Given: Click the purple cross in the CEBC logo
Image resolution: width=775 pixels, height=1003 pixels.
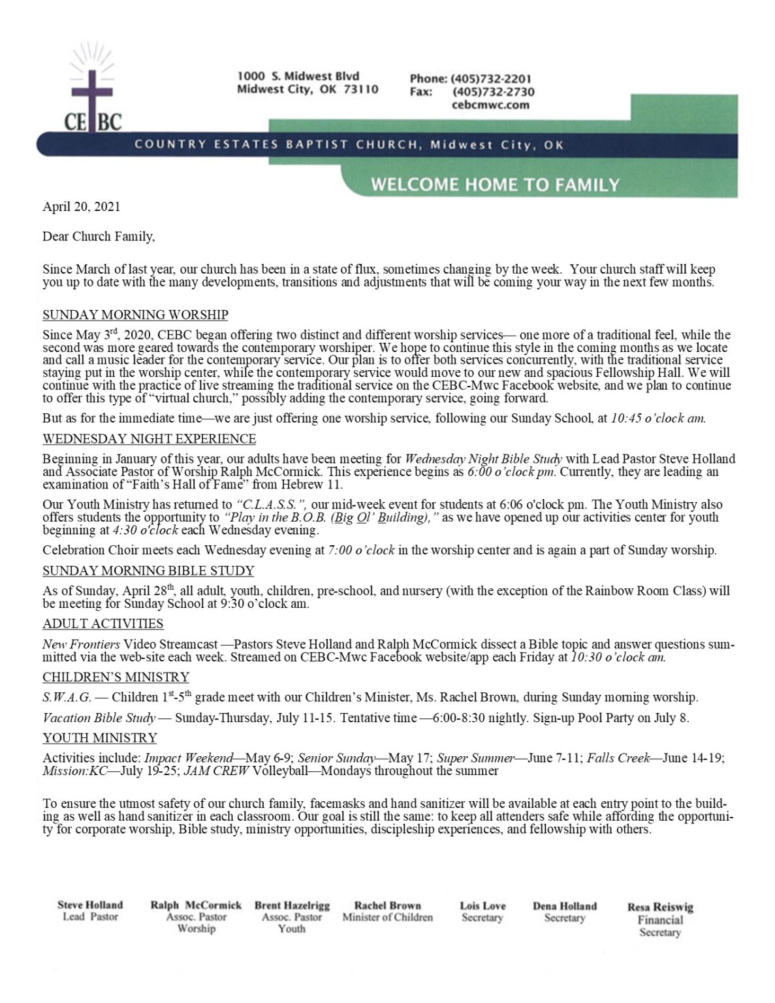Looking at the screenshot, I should pos(91,98).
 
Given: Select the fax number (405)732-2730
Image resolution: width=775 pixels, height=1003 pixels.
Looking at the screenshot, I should pos(493,92).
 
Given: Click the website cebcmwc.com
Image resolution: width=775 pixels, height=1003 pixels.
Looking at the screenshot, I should pos(490,104).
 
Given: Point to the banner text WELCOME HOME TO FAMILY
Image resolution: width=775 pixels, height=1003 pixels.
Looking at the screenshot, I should pos(495,185).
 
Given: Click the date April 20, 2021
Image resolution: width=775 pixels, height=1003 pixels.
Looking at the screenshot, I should pos(82,207).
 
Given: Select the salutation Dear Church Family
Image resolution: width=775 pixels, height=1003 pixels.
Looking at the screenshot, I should pos(99,236).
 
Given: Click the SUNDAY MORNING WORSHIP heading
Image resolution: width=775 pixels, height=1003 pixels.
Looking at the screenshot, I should pos(135,315).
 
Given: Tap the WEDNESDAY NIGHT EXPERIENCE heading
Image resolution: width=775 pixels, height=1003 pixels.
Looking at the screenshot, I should pos(149,439).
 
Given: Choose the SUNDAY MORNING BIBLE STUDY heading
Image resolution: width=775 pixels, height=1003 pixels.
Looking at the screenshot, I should pos(148,571).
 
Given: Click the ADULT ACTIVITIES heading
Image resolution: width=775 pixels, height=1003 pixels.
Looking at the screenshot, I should pos(103,624).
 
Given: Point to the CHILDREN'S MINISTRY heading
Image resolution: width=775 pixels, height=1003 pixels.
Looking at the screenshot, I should pos(116,677).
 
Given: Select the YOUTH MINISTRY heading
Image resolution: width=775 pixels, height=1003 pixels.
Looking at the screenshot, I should pos(100,738).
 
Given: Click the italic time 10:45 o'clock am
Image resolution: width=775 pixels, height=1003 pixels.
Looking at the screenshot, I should pos(657,419).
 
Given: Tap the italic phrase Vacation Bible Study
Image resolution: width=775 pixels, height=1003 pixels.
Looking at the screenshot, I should pos(99,718).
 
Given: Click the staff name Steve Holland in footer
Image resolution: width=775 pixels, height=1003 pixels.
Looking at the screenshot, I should pos(90,905).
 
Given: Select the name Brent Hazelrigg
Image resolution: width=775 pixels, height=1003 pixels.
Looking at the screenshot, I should pos(292,906).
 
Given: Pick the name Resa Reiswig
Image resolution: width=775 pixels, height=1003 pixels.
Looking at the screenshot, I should pos(660,907).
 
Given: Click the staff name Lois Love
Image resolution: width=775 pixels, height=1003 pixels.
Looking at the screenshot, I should pos(482,906).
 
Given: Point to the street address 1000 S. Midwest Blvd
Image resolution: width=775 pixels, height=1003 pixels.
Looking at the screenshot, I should pos(298,76).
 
